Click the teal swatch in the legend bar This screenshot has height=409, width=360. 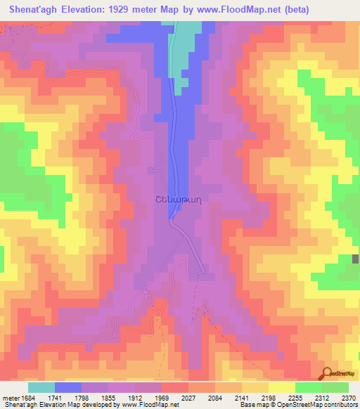pos(41,387)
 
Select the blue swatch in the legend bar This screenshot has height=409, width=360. pos(68,387)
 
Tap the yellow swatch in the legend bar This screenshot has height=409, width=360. pos(282,387)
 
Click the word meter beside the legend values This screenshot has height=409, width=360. pos(8,397)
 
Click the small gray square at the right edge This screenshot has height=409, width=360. pos(355,259)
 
